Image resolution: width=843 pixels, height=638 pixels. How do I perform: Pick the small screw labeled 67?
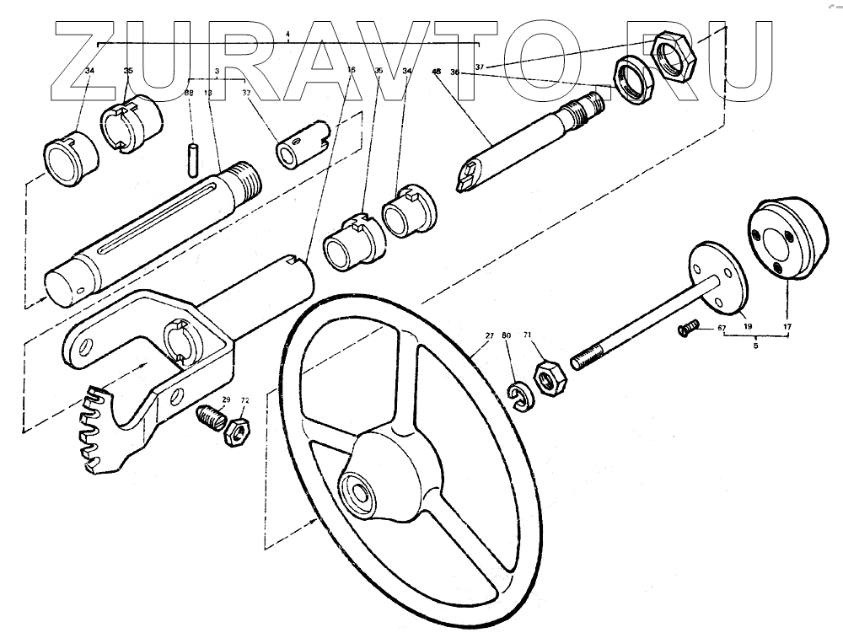tap(690, 329)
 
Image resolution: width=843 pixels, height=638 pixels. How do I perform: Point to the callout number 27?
tap(489, 336)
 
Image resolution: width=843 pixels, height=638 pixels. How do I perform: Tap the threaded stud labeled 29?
tap(211, 417)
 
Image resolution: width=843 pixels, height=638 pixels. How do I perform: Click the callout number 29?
tap(226, 400)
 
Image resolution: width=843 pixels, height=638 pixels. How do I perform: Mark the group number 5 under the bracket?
tap(755, 345)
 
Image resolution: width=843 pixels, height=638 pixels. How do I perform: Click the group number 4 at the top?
tap(288, 35)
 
